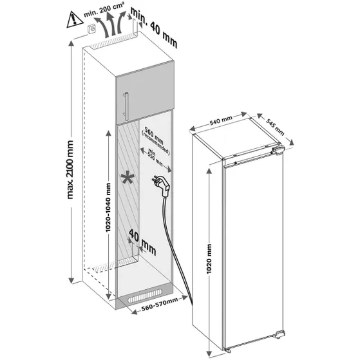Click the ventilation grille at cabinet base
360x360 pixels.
pos(147,301)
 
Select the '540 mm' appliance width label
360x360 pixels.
pos(221,120)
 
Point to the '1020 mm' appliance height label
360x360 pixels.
pos(209,260)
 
